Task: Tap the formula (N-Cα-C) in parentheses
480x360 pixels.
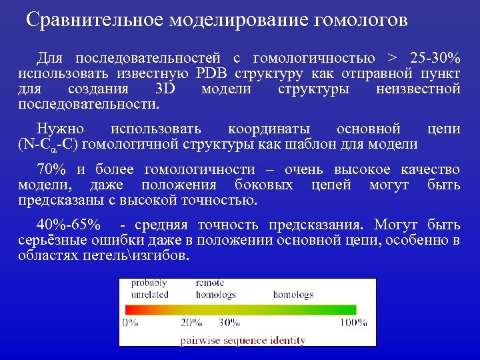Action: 57,145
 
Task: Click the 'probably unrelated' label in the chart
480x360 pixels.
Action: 149,289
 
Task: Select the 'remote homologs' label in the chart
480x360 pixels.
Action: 215,289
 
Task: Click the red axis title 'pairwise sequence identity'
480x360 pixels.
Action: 243,340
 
